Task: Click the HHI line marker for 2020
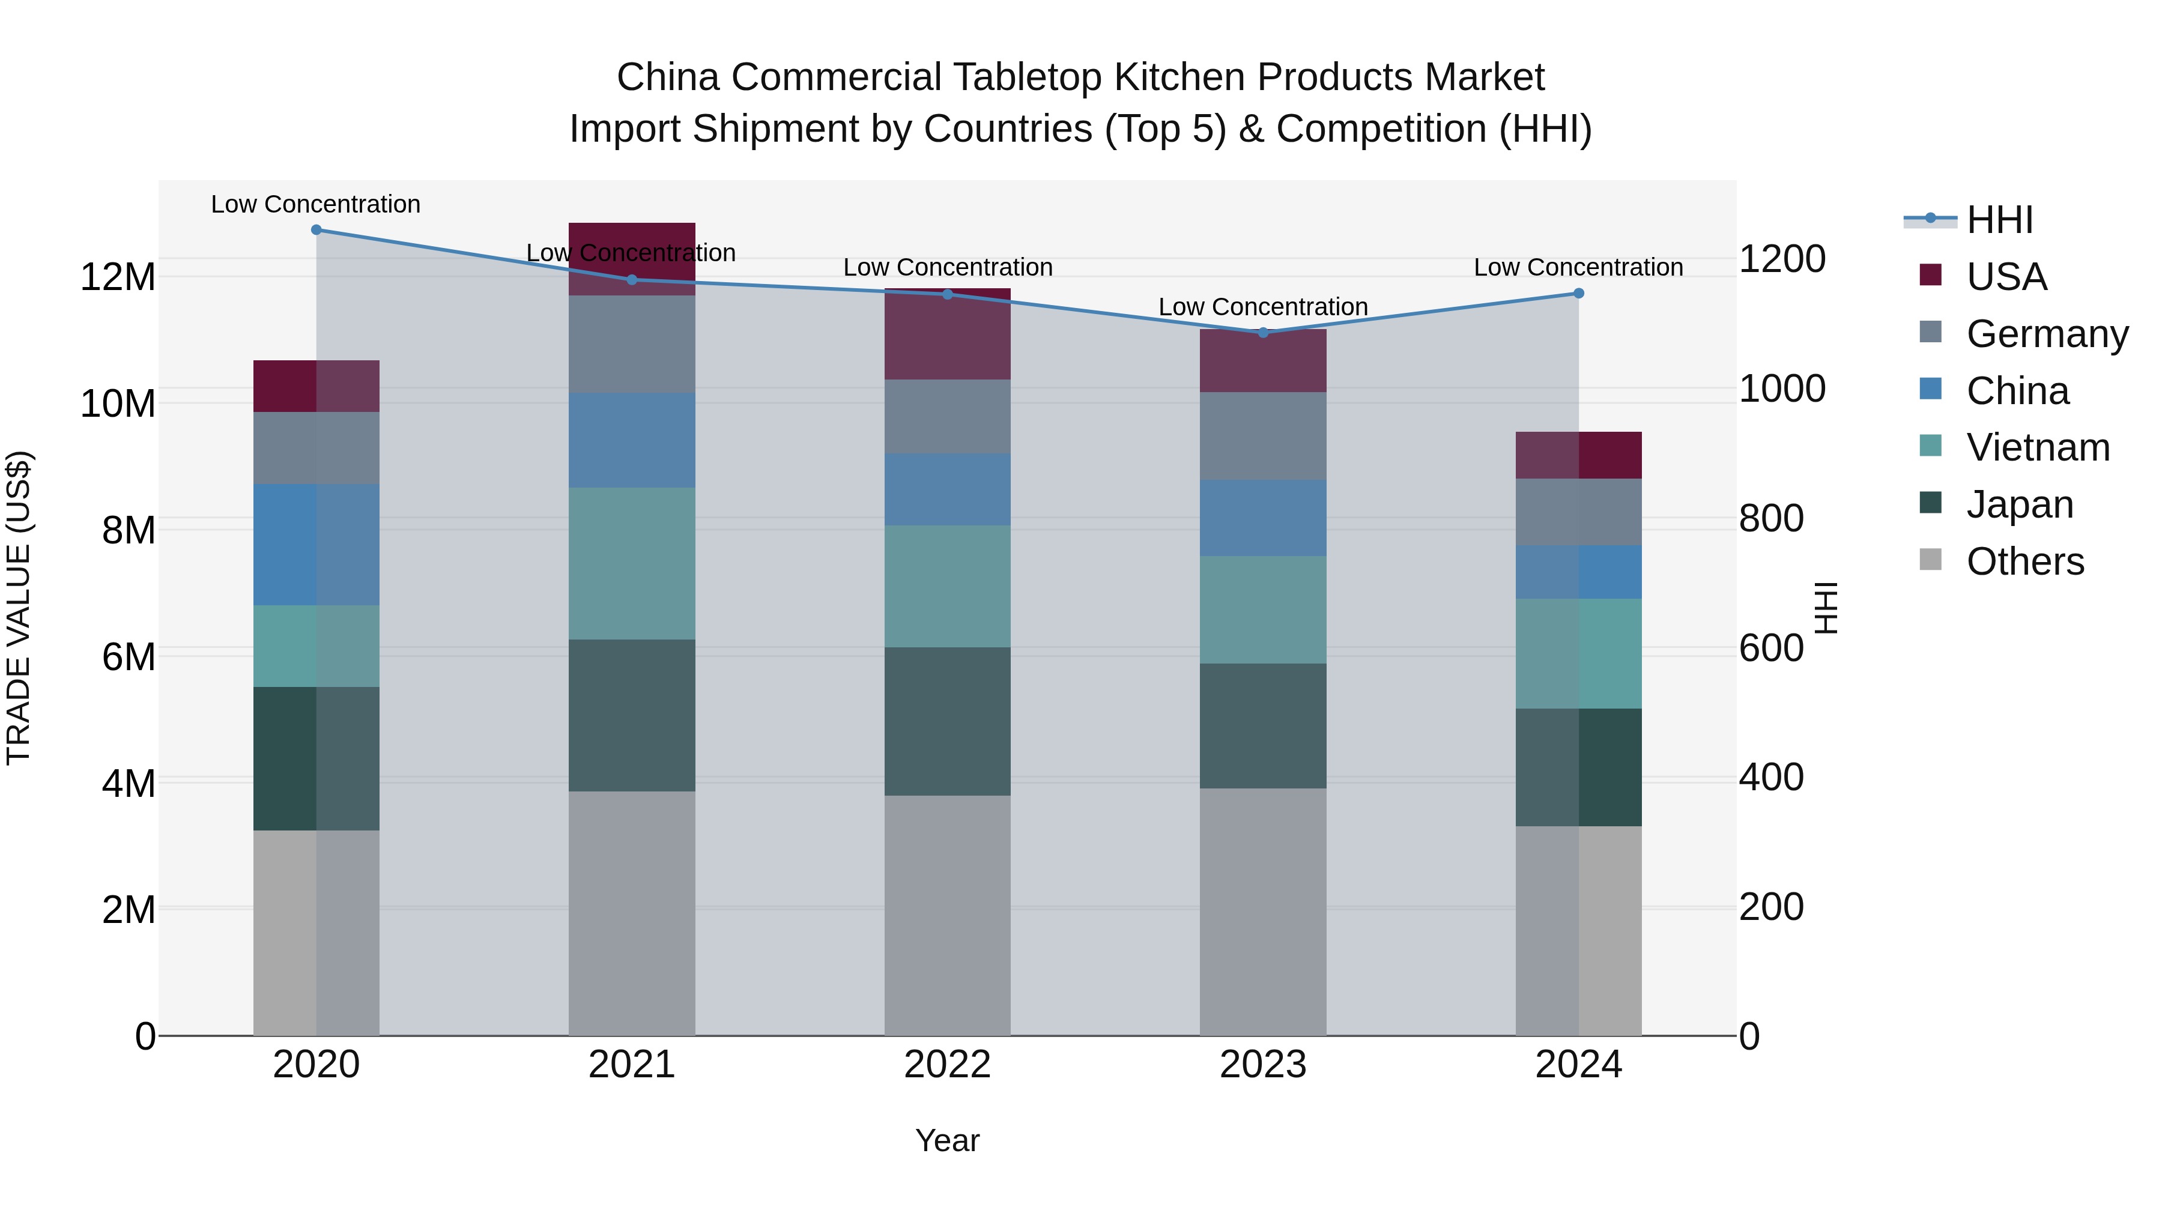(x=316, y=230)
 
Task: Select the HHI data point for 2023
(x=1263, y=332)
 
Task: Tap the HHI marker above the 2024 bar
(x=1579, y=293)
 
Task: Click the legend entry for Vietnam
(x=2037, y=447)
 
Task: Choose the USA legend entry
(x=2006, y=277)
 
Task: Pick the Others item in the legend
(x=2024, y=561)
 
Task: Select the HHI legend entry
(x=1999, y=220)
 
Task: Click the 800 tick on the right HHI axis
(x=1771, y=519)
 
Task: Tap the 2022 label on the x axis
(x=948, y=1065)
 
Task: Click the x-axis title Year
(x=948, y=1140)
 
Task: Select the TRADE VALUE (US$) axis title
(x=19, y=608)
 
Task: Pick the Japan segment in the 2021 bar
(x=632, y=715)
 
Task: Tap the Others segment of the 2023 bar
(x=1263, y=912)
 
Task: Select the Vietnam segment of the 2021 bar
(x=632, y=563)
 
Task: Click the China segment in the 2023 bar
(x=1263, y=518)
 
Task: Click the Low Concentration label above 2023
(x=1263, y=307)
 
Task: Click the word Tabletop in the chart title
(x=1028, y=77)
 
